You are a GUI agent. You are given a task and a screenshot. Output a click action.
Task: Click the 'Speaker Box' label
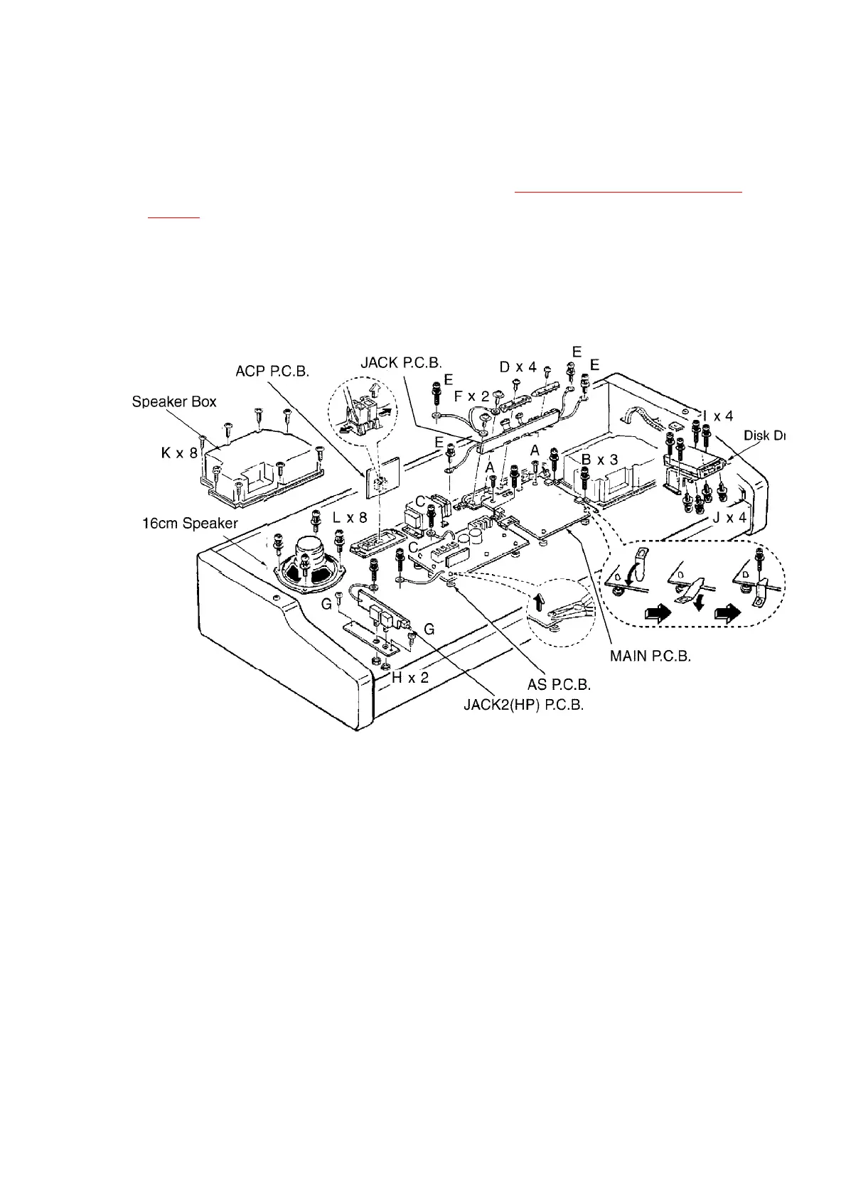coord(174,401)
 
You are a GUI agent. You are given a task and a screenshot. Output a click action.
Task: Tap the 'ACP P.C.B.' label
coord(272,372)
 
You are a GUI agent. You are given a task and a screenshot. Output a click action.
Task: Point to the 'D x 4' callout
coord(518,367)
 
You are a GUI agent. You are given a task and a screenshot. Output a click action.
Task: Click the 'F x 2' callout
coord(471,396)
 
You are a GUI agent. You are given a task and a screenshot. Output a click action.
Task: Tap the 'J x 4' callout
coord(730,518)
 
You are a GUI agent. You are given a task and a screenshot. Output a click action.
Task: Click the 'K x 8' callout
coord(179,453)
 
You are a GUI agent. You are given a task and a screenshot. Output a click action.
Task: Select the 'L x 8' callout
coord(350,518)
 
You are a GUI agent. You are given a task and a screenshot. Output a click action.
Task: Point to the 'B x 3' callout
coord(600,460)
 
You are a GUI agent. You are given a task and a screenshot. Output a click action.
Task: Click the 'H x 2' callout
coord(410,678)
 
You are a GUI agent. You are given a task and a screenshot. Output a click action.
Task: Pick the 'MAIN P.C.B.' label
coord(650,656)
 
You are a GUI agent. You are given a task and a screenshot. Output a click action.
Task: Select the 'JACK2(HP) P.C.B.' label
coord(523,706)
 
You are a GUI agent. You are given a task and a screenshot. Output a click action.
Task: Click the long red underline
coord(628,192)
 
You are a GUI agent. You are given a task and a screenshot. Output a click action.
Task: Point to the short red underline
coord(174,218)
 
